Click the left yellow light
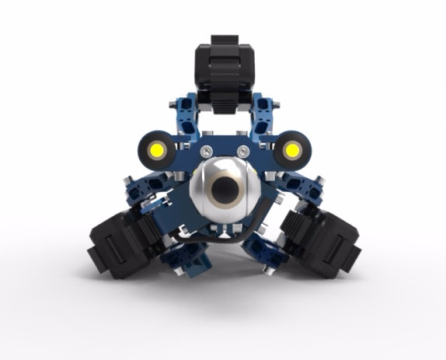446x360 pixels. tap(158, 148)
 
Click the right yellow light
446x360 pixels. tap(292, 148)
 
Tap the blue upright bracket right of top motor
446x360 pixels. tap(264, 117)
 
